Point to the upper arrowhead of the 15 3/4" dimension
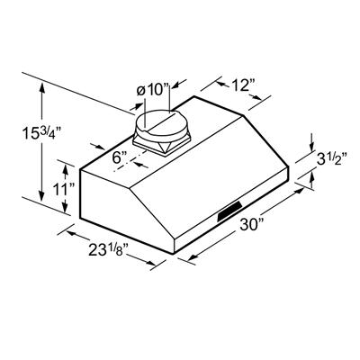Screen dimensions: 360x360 pyautogui.click(x=42, y=84)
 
